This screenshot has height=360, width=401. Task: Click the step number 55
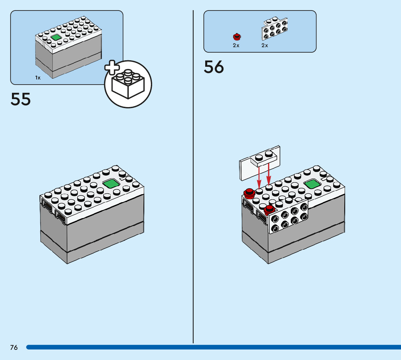21,99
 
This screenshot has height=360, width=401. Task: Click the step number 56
214,67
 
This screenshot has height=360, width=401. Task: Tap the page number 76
14,348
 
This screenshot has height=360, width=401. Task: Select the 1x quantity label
38,78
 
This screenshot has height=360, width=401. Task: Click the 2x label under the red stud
236,45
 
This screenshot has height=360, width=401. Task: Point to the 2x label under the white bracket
265,45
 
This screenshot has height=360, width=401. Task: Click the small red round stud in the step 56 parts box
236,36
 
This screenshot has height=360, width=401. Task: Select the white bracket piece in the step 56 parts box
274,29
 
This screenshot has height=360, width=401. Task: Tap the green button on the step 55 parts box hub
56,37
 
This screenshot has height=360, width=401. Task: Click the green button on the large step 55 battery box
112,184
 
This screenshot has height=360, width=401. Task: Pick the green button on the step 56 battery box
311,184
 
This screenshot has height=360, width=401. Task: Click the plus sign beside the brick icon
112,69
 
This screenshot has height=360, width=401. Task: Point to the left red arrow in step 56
259,176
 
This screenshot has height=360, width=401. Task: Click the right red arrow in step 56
269,174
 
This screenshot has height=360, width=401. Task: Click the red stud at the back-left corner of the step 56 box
249,193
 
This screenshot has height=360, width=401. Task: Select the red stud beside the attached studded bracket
269,209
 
